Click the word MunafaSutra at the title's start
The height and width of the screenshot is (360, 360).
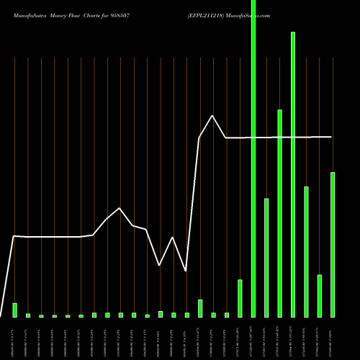[27, 14]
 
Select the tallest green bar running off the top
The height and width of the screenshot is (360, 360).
[253, 158]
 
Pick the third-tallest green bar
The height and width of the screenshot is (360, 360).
[279, 213]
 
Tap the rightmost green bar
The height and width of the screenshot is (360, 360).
[333, 245]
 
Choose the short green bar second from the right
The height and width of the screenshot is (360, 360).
[319, 296]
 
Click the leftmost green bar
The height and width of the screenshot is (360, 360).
[14, 310]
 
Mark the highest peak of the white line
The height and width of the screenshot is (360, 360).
[212, 115]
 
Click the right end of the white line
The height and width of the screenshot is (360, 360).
[331, 137]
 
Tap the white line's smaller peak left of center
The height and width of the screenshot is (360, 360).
[120, 208]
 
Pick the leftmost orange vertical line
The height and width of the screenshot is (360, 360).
[14, 180]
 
